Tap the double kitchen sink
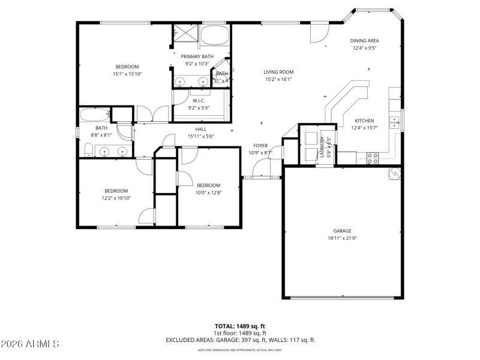394,122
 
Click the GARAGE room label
343,231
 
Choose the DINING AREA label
365,41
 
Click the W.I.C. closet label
199,101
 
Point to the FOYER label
260,146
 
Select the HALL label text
201,129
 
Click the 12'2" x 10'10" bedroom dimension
116,197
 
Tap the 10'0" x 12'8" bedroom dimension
208,193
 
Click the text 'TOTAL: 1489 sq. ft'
240,326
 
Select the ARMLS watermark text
30,344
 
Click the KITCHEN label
364,121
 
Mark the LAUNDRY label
322,146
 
